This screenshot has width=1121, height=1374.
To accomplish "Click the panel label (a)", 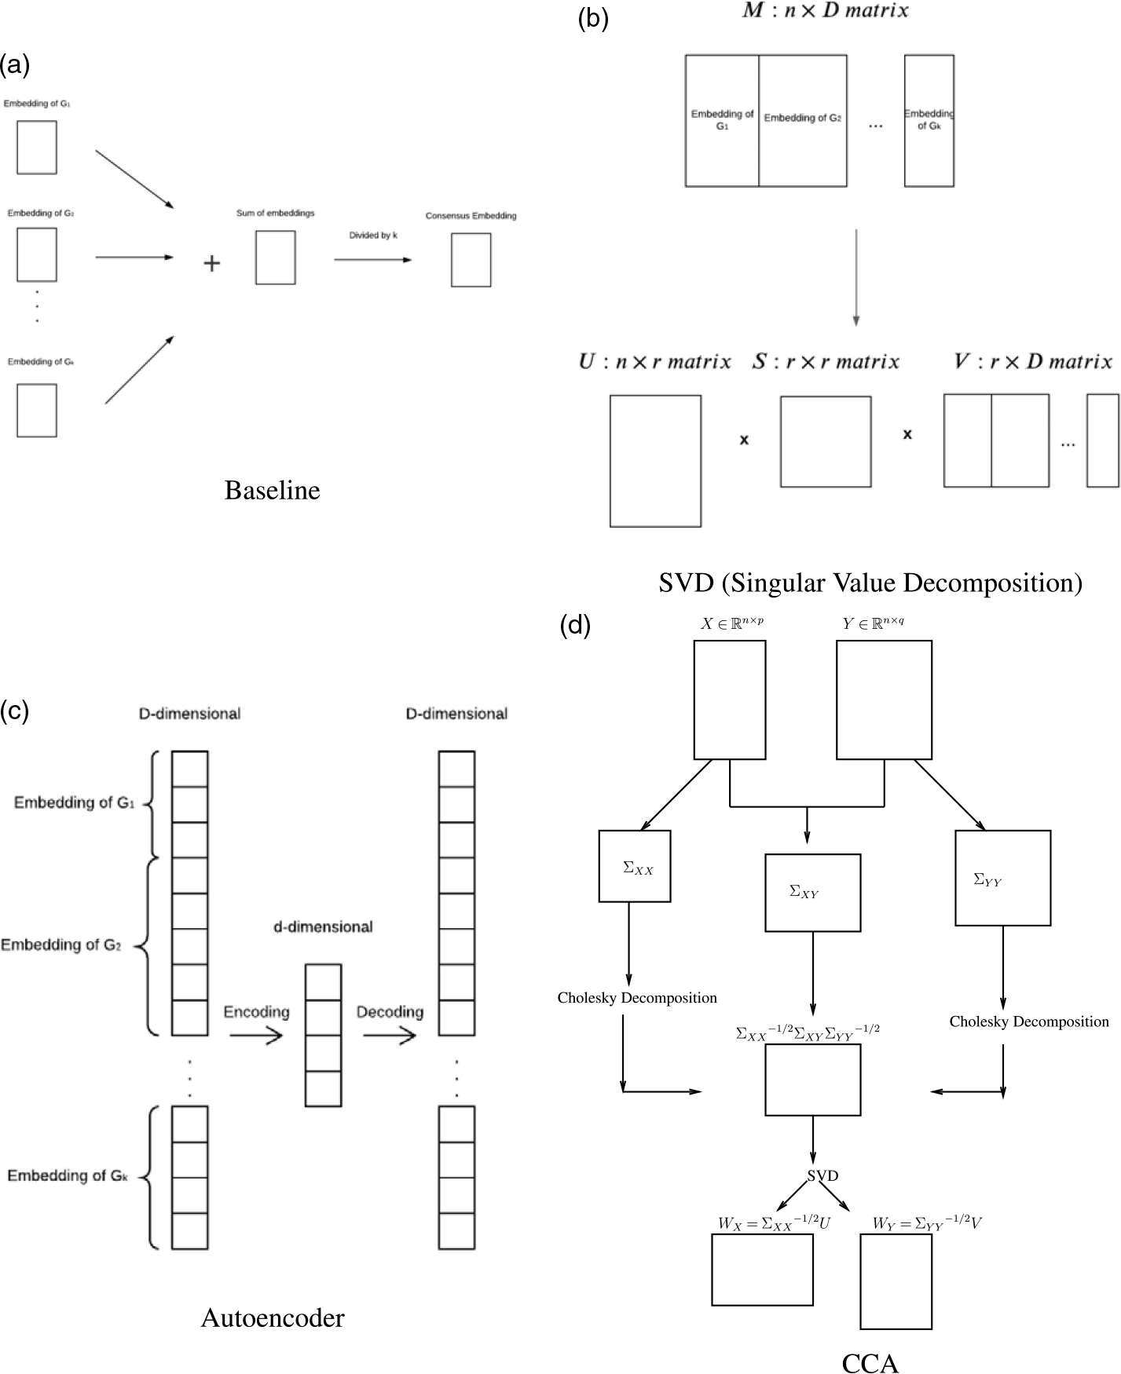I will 15,65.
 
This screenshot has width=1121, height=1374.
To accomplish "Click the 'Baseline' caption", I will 272,491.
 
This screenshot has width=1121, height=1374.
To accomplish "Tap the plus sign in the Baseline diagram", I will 211,263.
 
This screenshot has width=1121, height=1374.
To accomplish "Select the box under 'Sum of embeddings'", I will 275,258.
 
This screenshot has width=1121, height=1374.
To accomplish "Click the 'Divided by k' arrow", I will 372,259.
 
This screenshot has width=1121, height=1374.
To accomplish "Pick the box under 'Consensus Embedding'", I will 471,261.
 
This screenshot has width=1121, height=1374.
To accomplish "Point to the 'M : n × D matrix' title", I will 825,11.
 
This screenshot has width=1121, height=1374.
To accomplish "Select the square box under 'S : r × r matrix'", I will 826,441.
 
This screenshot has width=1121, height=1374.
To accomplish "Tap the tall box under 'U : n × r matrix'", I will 655,461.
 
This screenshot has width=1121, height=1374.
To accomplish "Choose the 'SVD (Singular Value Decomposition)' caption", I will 870,583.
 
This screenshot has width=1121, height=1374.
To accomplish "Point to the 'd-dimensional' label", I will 323,927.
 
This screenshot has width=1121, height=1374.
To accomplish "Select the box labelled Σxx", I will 635,866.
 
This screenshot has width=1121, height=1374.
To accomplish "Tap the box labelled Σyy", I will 1002,878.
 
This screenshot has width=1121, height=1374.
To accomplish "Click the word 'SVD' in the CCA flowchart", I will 822,1176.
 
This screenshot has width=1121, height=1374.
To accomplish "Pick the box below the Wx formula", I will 762,1270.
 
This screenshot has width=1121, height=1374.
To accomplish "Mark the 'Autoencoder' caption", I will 273,1317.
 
